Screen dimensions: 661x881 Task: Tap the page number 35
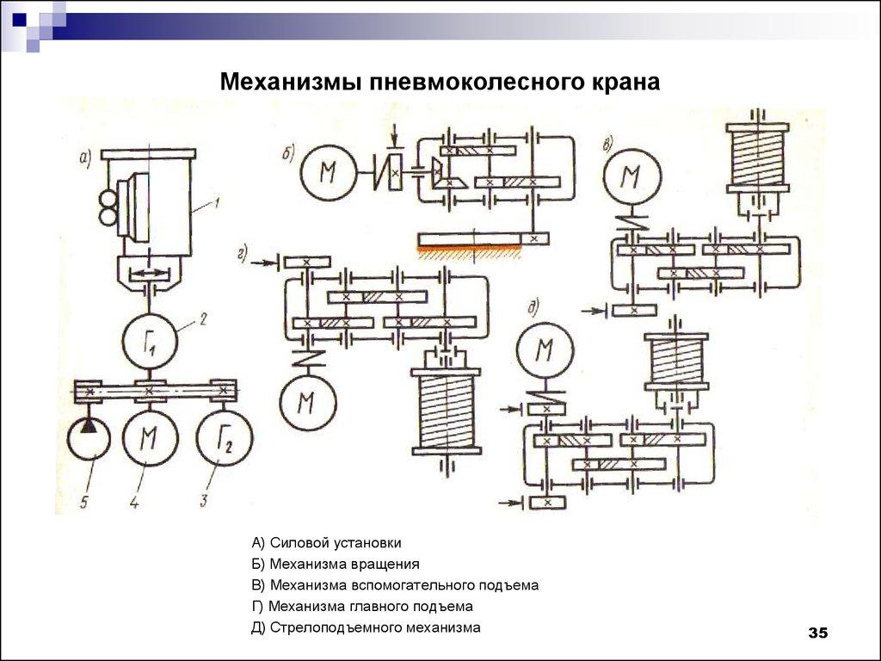pyautogui.click(x=816, y=633)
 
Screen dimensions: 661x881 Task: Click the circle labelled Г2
pyautogui.click(x=225, y=441)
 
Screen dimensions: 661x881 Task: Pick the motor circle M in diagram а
pyautogui.click(x=151, y=441)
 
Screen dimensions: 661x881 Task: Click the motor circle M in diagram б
pyautogui.click(x=327, y=173)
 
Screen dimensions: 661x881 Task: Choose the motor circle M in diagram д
pyautogui.click(x=543, y=350)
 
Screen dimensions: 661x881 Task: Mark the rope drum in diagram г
pyautogui.click(x=446, y=409)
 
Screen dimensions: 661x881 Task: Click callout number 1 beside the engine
pyautogui.click(x=219, y=203)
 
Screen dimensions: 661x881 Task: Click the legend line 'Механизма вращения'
pyautogui.click(x=336, y=565)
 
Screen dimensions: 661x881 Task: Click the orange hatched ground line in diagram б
pyautogui.click(x=469, y=248)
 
